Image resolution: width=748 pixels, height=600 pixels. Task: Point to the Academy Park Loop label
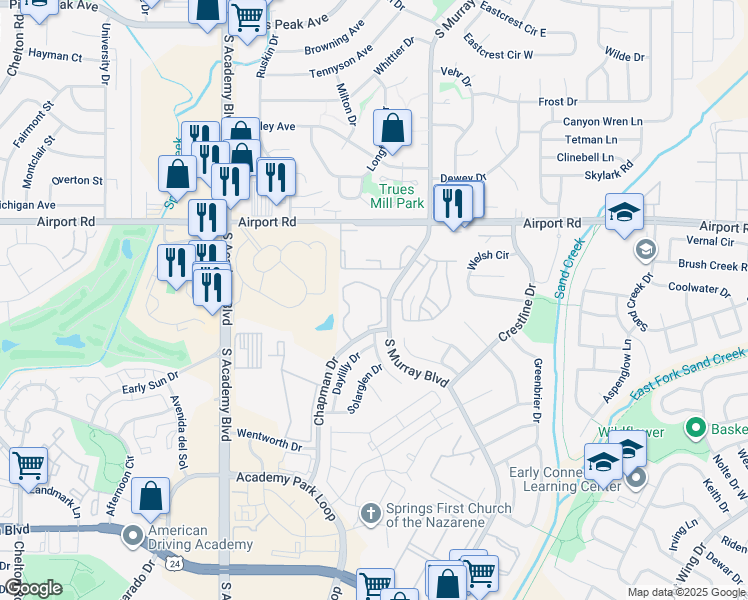[284, 479]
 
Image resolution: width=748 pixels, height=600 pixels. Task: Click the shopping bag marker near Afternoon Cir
[150, 495]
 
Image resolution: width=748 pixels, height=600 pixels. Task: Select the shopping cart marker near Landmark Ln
[29, 464]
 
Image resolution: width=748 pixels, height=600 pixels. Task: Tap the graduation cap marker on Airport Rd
[624, 212]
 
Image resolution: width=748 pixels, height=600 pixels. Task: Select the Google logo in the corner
[32, 588]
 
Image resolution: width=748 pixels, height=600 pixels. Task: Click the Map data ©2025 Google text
[686, 592]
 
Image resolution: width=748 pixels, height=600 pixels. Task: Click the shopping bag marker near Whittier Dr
[392, 128]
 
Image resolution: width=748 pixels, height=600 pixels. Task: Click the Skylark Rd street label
[613, 173]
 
